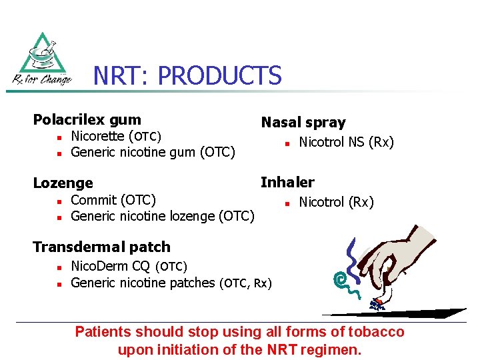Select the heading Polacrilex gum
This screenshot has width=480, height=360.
[x=87, y=120]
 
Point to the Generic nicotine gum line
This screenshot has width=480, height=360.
[x=153, y=153]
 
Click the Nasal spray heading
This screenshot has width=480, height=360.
[x=303, y=123]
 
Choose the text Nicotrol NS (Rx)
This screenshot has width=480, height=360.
[x=346, y=142]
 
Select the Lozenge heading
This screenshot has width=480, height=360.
[x=63, y=183]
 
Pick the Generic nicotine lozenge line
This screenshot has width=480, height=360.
[x=162, y=216]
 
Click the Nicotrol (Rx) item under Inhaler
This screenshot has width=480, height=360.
[x=336, y=202]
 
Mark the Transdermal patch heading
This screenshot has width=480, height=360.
[x=101, y=247]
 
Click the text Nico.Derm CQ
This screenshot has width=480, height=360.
[x=110, y=267]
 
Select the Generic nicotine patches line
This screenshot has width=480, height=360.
[x=171, y=283]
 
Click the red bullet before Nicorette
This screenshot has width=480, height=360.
[x=59, y=137]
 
